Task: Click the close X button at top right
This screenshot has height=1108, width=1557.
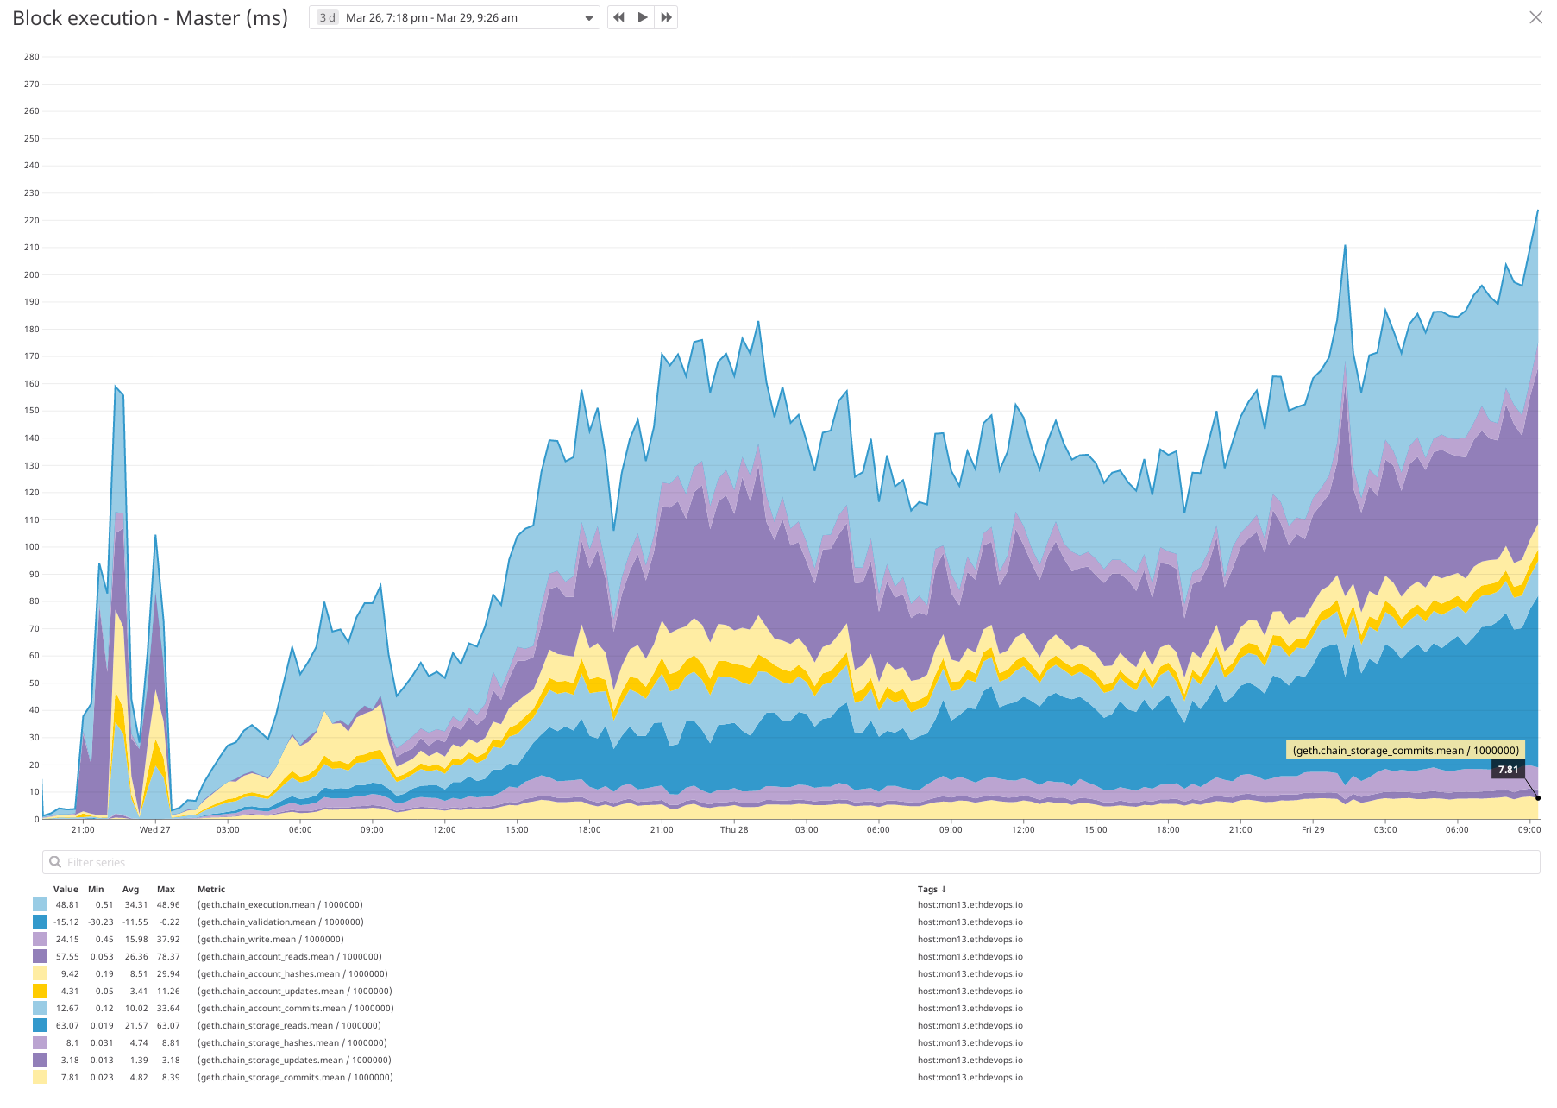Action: click(x=1535, y=17)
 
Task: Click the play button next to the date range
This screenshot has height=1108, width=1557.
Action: click(x=643, y=17)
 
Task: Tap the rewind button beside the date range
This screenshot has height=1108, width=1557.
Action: click(x=619, y=17)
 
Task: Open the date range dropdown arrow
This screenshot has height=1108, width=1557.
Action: click(x=589, y=18)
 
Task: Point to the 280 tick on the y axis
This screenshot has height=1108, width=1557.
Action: click(x=32, y=57)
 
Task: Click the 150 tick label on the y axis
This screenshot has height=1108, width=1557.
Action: click(x=32, y=411)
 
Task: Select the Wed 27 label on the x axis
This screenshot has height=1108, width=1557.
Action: click(x=155, y=830)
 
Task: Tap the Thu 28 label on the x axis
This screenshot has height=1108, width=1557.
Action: click(x=734, y=830)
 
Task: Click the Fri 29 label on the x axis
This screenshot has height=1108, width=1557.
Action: click(x=1313, y=830)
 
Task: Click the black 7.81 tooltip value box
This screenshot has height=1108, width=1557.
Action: click(x=1508, y=770)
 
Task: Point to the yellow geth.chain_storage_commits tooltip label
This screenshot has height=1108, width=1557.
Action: click(x=1405, y=751)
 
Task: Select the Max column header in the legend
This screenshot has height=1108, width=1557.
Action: click(x=166, y=890)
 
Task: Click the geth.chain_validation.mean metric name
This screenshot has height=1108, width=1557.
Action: click(x=280, y=922)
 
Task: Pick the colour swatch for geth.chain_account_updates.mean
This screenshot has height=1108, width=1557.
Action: click(x=40, y=992)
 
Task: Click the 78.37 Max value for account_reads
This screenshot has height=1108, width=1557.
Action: click(x=168, y=957)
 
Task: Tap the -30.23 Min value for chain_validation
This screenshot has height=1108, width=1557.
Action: click(x=100, y=922)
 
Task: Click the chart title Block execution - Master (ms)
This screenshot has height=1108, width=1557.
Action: click(x=150, y=18)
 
